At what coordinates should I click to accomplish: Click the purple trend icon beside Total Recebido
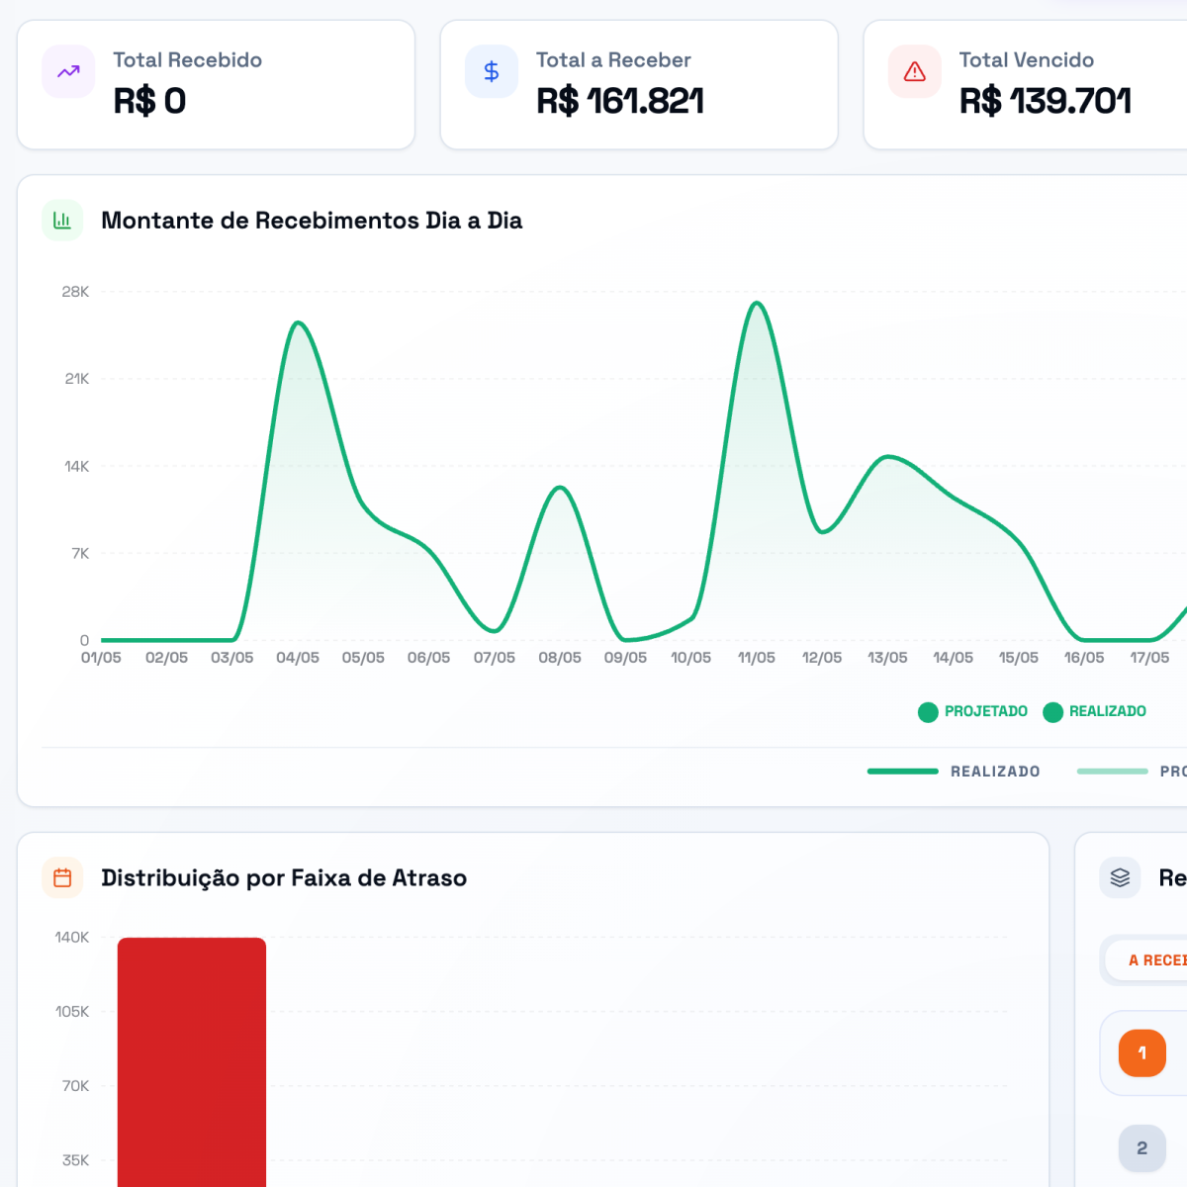pos(68,71)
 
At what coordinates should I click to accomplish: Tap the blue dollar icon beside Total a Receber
pos(491,71)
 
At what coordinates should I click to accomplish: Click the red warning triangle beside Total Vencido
pos(914,71)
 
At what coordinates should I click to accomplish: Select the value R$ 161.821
pos(619,101)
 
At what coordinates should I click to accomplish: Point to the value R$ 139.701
pos(1045,101)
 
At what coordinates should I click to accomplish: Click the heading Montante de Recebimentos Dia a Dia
pos(312,221)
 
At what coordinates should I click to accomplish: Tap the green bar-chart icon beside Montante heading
pos(62,220)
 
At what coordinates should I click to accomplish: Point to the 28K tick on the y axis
pos(75,292)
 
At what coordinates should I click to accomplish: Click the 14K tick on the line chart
pos(77,466)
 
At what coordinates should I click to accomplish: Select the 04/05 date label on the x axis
pos(298,658)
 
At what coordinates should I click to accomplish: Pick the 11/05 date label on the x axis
pos(757,658)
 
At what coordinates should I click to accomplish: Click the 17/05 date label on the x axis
pos(1149,658)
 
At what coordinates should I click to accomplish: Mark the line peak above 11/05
pos(757,303)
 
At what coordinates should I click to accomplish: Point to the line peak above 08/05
pos(560,488)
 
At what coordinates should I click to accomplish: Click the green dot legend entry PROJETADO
pos(972,711)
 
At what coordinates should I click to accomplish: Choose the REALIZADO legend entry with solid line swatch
pos(954,772)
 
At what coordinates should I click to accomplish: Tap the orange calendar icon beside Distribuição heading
pos(62,877)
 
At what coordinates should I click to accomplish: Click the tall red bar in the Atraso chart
pos(192,1062)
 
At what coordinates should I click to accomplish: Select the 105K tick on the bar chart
pos(72,1012)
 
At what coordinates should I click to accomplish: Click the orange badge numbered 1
pos(1142,1052)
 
